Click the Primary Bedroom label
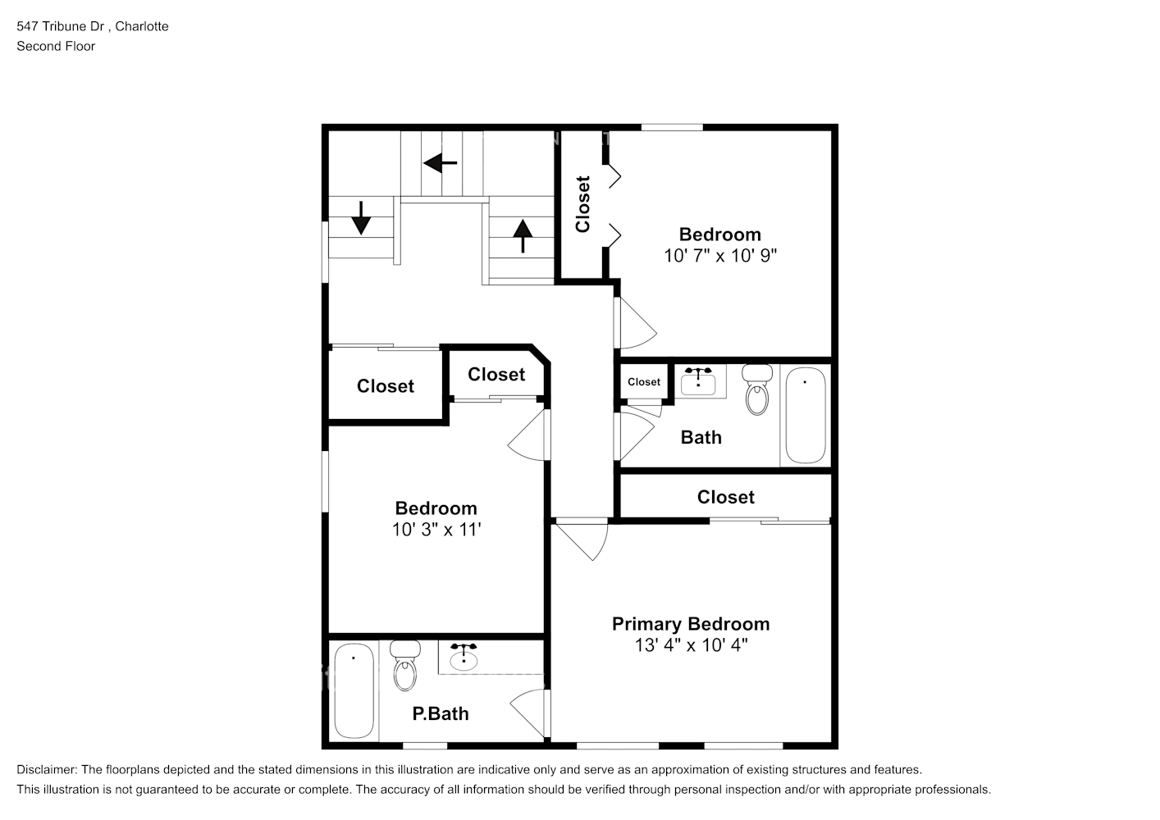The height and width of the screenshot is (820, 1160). pyautogui.click(x=690, y=624)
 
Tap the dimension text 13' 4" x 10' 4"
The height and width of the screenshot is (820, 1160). pyautogui.click(x=690, y=645)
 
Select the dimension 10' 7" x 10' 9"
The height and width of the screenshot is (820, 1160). pyautogui.click(x=719, y=256)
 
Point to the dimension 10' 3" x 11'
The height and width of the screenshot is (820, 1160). pyautogui.click(x=436, y=530)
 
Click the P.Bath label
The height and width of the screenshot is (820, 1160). pyautogui.click(x=440, y=714)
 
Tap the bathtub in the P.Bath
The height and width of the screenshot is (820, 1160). pyautogui.click(x=354, y=691)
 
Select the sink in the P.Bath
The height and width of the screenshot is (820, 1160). pyautogui.click(x=464, y=658)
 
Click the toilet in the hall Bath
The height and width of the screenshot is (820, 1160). pyautogui.click(x=757, y=390)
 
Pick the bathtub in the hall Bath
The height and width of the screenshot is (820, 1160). pyautogui.click(x=805, y=416)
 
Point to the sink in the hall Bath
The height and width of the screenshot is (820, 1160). pyautogui.click(x=698, y=381)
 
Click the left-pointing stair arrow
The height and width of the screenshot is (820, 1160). pyautogui.click(x=441, y=163)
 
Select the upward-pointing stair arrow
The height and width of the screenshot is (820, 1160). pyautogui.click(x=522, y=236)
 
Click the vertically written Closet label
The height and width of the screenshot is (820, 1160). pyautogui.click(x=582, y=204)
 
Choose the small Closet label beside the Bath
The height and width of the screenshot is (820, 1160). pyautogui.click(x=644, y=382)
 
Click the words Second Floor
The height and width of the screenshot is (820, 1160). pyautogui.click(x=56, y=46)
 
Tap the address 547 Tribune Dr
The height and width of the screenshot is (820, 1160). pyautogui.click(x=62, y=26)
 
